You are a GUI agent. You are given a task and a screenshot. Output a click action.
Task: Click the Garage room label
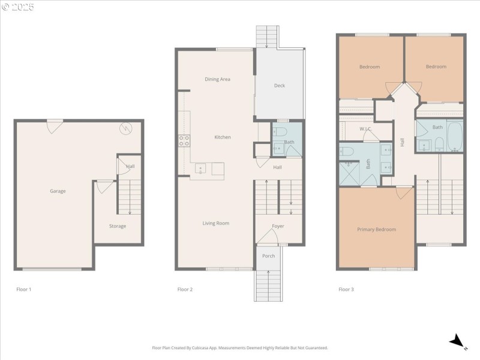[58, 191]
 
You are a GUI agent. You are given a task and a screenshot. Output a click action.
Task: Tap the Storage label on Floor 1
[118, 226]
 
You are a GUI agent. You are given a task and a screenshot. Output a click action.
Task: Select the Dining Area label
[217, 79]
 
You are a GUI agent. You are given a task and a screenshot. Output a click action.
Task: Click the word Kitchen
[223, 137]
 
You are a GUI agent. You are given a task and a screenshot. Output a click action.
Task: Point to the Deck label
[279, 86]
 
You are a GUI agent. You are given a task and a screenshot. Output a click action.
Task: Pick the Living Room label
[215, 223]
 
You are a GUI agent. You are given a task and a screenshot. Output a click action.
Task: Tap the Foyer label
[278, 226]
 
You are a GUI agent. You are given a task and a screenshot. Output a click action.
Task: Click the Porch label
[268, 256]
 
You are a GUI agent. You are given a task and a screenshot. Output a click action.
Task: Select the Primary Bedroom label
[376, 229]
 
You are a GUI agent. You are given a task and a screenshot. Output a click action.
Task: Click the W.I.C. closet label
[365, 129]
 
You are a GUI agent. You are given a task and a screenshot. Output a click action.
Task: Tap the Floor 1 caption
[23, 289]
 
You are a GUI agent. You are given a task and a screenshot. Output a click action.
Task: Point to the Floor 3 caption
[346, 289]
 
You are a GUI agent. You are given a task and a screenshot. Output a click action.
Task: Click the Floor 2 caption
[185, 289]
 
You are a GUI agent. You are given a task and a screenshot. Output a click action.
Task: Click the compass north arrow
[457, 341]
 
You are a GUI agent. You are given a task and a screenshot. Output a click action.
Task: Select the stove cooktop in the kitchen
[184, 141]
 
